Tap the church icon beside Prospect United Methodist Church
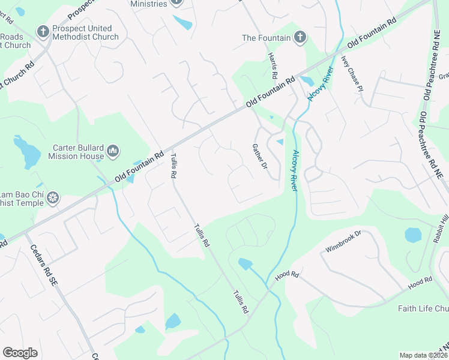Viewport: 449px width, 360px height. click(42, 31)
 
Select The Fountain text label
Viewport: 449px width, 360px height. click(266, 38)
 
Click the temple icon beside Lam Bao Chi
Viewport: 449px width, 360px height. click(53, 197)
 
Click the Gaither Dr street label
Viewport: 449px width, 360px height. click(259, 155)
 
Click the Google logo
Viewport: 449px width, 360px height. click(20, 353)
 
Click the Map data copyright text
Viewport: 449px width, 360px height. click(424, 355)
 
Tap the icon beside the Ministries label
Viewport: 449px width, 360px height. click(176, 2)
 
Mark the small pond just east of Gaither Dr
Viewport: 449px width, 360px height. click(280, 142)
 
